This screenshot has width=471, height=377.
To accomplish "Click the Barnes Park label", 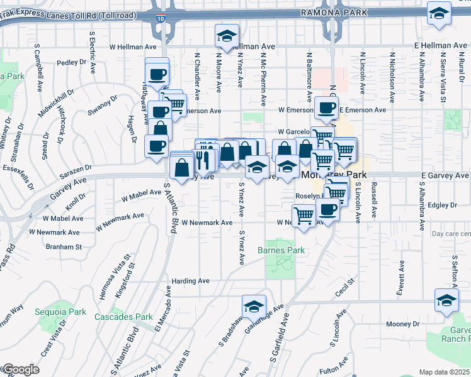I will [281, 250].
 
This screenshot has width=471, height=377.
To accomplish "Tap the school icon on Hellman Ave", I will [225, 38].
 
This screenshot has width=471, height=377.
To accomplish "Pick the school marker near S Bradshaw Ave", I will [254, 307].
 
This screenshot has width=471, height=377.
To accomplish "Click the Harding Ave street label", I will [191, 280].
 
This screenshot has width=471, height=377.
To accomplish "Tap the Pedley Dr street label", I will [71, 62].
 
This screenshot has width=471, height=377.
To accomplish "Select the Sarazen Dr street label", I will [77, 168].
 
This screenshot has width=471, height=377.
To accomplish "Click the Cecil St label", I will [346, 283].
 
